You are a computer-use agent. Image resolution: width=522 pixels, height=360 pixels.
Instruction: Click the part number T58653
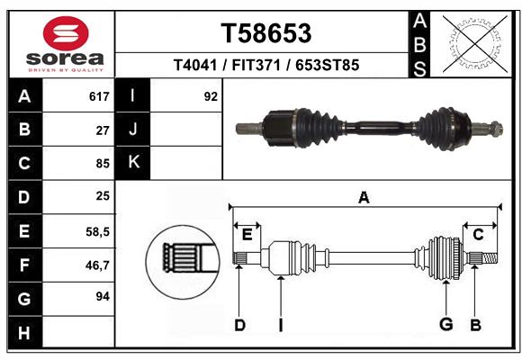[266, 33]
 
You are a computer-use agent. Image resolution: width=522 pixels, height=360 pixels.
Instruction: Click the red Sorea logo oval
[66, 33]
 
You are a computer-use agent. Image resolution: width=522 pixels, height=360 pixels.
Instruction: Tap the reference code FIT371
[256, 65]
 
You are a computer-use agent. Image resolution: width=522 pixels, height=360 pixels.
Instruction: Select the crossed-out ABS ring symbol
[475, 44]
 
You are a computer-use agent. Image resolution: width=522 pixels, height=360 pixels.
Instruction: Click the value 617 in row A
[99, 96]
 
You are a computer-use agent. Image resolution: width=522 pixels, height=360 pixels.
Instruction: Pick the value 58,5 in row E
[97, 231]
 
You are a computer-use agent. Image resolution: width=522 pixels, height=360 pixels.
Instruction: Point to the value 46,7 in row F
[97, 265]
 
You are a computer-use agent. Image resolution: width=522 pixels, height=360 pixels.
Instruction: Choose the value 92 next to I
[211, 96]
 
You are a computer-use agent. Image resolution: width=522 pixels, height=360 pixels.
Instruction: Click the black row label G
[25, 299]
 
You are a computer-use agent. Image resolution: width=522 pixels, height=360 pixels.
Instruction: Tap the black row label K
[133, 163]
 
